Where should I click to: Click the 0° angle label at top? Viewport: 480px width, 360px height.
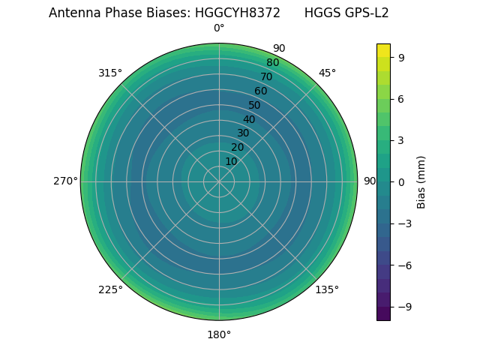[x=219, y=28]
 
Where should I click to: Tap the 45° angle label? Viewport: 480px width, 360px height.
[x=327, y=73]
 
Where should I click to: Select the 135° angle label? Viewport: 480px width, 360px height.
[x=327, y=289]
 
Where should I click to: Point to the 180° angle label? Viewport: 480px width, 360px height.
[x=219, y=334]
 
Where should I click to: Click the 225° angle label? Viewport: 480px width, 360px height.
[x=110, y=289]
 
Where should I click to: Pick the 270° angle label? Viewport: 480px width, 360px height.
[x=65, y=181]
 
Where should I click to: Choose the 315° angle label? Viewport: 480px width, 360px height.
[x=110, y=73]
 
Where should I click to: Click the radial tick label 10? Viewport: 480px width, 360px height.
[x=231, y=161]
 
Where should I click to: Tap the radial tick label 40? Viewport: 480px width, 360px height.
[x=249, y=119]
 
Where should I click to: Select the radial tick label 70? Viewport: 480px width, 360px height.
[x=266, y=76]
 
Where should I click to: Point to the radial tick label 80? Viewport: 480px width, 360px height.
[x=272, y=62]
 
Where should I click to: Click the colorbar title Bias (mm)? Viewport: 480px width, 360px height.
[x=421, y=181]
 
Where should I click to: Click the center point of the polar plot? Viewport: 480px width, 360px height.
[x=219, y=181]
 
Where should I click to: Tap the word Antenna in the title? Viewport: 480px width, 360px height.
[x=74, y=13]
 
